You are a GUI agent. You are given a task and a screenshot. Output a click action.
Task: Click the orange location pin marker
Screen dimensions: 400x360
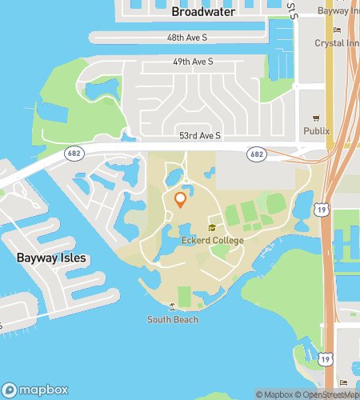coord(181,199)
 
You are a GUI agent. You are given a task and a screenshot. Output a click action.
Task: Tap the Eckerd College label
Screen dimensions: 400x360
coord(212,240)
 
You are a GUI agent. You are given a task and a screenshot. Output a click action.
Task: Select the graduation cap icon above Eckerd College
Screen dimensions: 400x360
coord(212,229)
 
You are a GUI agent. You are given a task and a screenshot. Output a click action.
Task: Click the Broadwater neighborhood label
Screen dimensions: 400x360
coord(203,12)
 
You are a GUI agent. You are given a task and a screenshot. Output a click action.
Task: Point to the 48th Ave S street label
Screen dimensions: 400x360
coord(188,38)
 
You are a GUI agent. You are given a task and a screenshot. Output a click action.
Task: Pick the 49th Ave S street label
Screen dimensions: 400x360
coord(193,62)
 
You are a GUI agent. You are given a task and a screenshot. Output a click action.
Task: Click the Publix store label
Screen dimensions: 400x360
coord(316,130)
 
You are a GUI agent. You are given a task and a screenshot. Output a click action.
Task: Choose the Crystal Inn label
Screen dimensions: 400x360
coord(336,43)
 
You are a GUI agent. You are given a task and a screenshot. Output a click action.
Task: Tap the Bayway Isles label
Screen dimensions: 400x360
coord(51,258)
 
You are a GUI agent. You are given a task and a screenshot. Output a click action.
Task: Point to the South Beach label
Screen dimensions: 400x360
coord(173,320)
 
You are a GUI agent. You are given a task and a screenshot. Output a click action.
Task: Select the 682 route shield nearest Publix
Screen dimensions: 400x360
coord(256,154)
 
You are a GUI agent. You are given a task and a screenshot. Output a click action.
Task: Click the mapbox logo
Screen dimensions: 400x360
coord(40,391)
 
